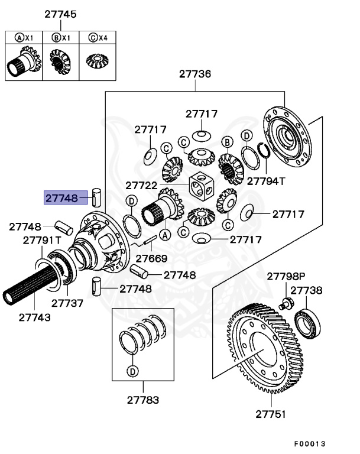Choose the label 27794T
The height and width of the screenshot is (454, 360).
(265, 181)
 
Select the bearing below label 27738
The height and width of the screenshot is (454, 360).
(308, 322)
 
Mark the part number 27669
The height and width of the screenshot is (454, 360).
(151, 258)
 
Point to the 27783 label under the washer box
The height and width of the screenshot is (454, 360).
(142, 400)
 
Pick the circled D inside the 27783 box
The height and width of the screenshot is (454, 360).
(132, 371)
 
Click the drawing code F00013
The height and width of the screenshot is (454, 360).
(310, 443)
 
